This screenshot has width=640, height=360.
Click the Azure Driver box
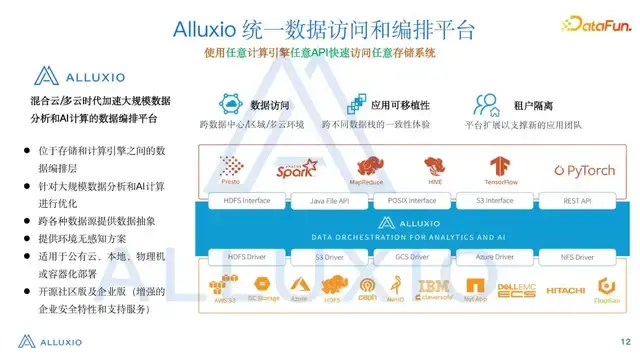[x=495, y=257]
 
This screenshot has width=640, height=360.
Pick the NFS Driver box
[x=577, y=257]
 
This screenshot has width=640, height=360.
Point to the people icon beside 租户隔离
[x=487, y=104]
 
